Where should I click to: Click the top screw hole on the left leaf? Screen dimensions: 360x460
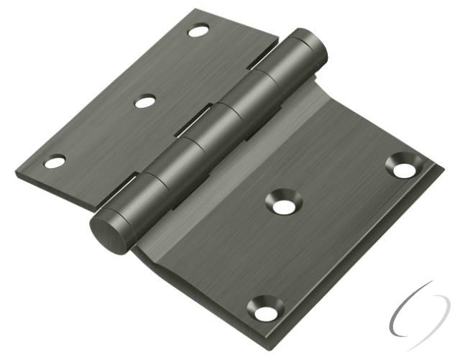point(198,31)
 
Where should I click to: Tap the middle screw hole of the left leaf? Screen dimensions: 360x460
point(144,101)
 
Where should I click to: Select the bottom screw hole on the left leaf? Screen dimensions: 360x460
point(55,162)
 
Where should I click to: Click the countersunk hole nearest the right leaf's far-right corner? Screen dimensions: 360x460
point(404,168)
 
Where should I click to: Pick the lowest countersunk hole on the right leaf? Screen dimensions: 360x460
point(264,311)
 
